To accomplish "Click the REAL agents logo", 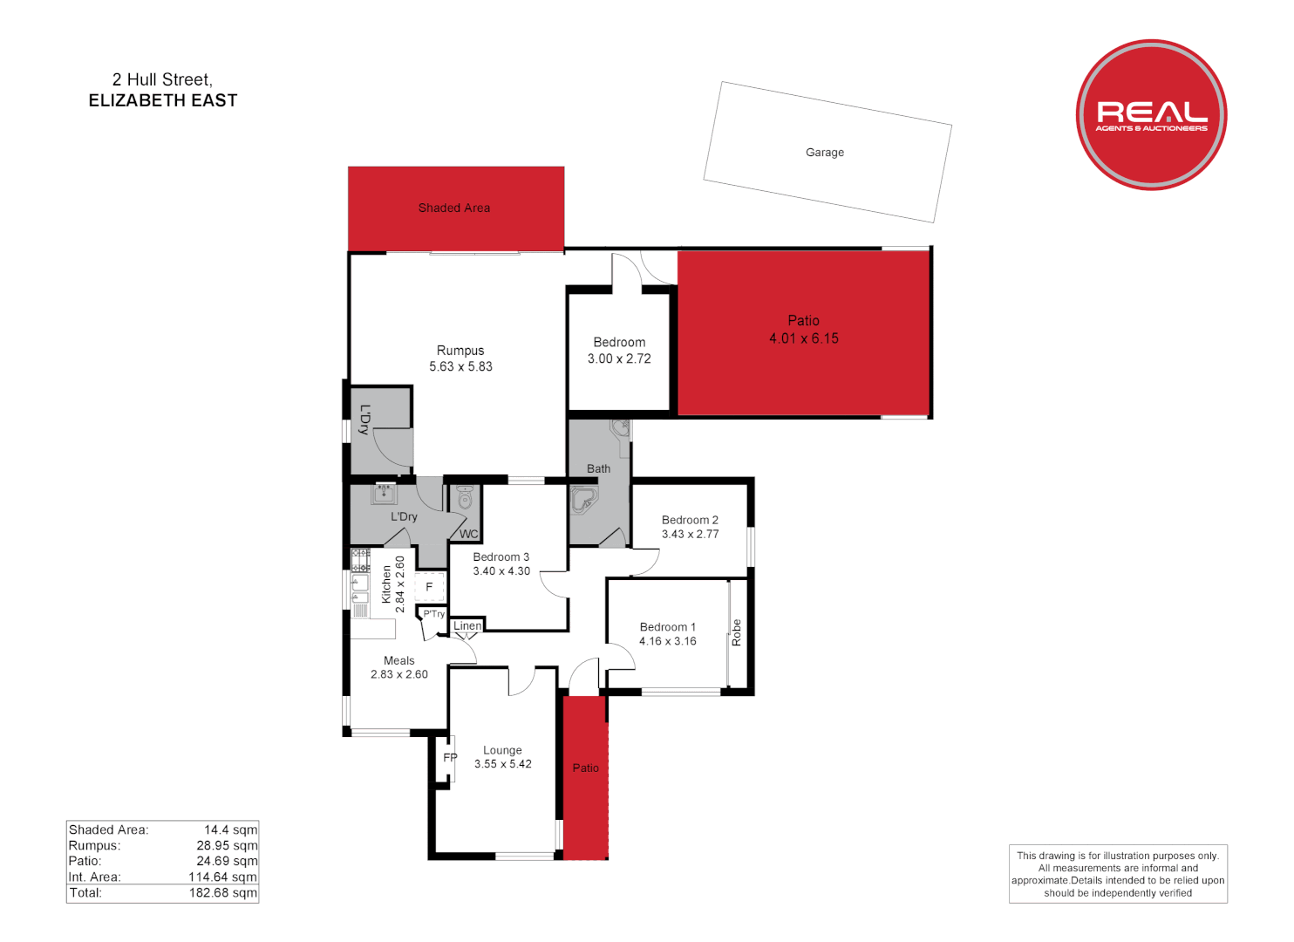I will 1151,114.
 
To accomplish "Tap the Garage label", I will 824,153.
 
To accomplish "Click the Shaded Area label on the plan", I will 453,208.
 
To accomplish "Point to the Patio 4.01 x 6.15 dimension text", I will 803,338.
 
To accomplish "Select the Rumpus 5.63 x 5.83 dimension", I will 460,367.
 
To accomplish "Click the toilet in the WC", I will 465,499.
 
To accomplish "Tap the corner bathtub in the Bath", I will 582,501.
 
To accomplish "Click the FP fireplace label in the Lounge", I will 450,758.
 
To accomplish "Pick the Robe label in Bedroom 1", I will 737,632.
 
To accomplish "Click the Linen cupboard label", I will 467,626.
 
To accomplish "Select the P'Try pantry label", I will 434,614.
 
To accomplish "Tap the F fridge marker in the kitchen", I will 429,587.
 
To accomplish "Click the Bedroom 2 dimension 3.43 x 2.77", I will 690,535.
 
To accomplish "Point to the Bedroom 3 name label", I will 501,557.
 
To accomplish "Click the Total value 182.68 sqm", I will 223,893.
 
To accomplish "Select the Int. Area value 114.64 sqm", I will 222,877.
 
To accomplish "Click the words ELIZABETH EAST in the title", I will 163,101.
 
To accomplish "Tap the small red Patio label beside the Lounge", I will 585,768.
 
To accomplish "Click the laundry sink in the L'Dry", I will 384,495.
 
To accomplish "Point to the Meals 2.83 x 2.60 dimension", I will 398,674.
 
